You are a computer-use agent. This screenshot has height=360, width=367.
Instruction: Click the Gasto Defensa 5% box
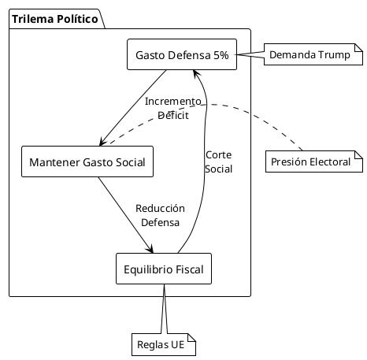182,55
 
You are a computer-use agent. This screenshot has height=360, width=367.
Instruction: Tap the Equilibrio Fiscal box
163,269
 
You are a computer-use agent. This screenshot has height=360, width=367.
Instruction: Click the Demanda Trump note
300,55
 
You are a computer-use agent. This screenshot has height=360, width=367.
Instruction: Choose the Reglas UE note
162,345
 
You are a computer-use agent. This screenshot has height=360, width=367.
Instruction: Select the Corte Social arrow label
218,161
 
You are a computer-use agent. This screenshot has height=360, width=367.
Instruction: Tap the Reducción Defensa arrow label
160,215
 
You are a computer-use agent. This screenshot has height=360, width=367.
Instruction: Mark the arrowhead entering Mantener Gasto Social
101,143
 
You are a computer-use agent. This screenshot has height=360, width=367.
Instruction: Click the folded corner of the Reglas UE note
191,339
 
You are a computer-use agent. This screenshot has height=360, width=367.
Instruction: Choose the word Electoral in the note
331,162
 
